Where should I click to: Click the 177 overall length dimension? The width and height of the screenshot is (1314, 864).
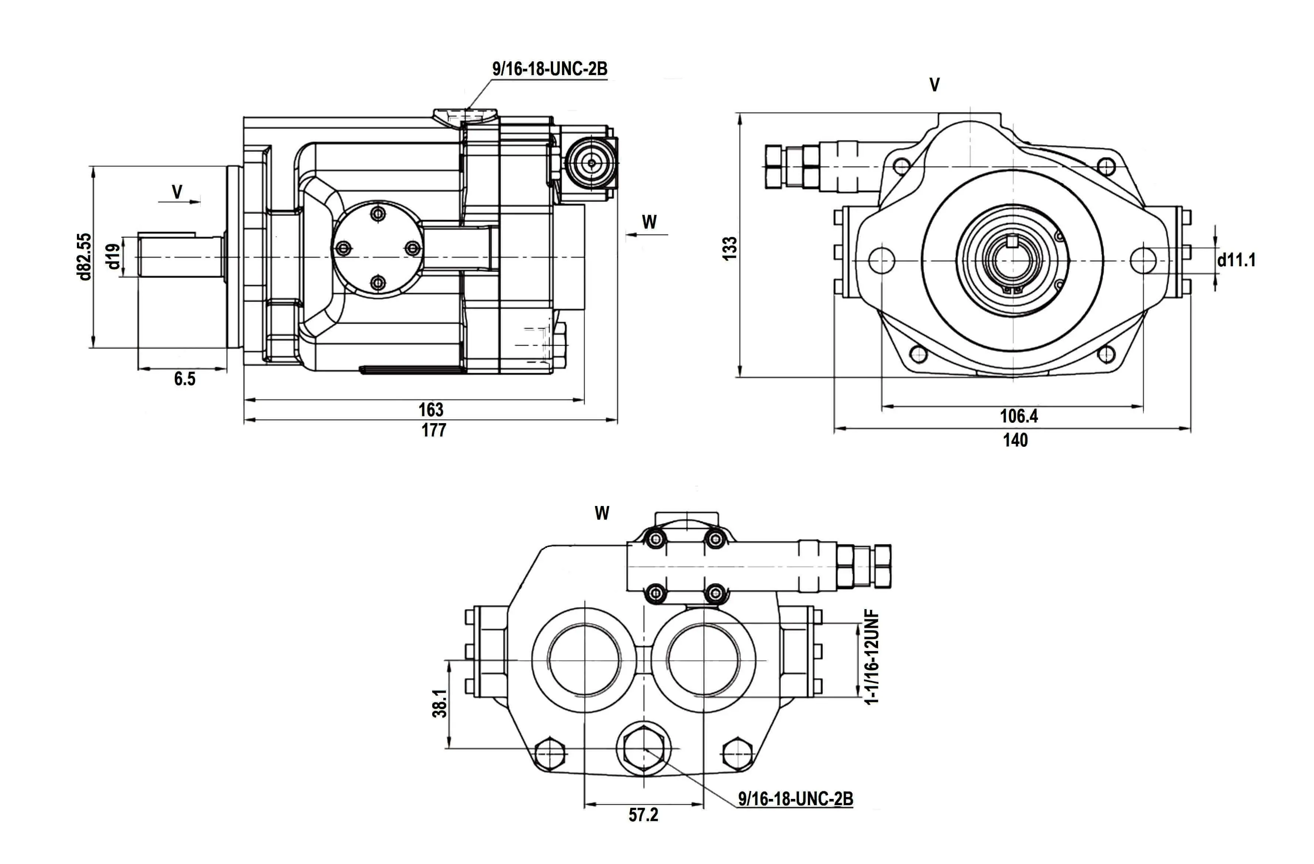433,431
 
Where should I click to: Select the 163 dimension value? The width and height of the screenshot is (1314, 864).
431,409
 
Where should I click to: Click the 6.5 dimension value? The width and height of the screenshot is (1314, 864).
184,379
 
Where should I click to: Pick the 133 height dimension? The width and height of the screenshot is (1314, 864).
730,248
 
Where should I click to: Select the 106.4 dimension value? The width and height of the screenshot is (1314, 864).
1019,416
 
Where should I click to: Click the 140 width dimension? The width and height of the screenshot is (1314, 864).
1015,440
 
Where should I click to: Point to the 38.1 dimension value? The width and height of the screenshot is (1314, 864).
440,703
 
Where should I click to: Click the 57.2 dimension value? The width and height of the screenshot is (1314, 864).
643,815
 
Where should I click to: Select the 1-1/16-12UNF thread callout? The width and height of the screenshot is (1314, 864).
872,657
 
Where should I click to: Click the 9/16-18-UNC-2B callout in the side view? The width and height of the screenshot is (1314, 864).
549,69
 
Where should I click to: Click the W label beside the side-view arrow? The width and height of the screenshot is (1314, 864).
649,222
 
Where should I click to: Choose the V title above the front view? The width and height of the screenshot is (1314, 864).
934,85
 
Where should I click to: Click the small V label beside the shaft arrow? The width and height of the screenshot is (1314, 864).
177,192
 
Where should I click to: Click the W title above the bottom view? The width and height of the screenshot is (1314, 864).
602,513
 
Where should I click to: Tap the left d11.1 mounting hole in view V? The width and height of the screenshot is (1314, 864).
882,260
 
